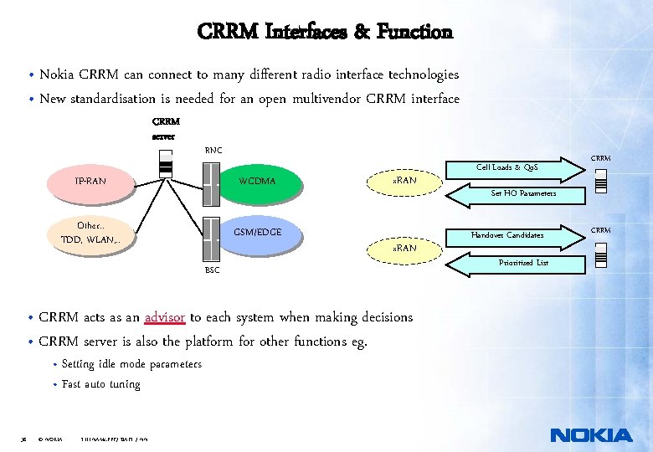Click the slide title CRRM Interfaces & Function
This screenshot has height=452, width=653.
point(325,33)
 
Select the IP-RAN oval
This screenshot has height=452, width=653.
point(90,180)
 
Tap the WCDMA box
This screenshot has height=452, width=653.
point(257,180)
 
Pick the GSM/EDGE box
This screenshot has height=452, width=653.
point(257,232)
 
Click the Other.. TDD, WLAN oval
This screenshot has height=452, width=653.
point(90,234)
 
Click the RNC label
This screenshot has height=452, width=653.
point(213,150)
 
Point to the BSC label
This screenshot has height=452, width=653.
point(213,270)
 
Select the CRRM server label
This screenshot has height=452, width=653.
point(165,128)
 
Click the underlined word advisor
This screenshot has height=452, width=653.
point(164,317)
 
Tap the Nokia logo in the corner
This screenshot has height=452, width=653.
point(591,435)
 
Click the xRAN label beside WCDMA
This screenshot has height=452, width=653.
point(405,180)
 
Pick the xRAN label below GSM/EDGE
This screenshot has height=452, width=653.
point(405,249)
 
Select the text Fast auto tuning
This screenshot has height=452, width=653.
point(101,385)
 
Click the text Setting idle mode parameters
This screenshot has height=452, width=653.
point(131,364)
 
